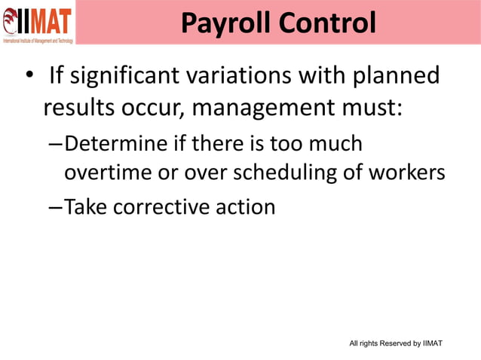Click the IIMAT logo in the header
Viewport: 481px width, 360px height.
tap(38, 22)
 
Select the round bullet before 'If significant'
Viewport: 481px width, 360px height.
tap(28, 78)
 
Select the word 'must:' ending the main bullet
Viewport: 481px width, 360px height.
tap(375, 108)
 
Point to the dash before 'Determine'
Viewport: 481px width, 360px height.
tap(55, 144)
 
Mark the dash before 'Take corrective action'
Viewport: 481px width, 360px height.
tap(55, 207)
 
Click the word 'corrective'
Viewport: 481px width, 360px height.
tap(167, 206)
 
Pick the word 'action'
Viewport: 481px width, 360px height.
tap(246, 206)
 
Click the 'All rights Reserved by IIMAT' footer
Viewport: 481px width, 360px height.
tap(396, 343)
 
